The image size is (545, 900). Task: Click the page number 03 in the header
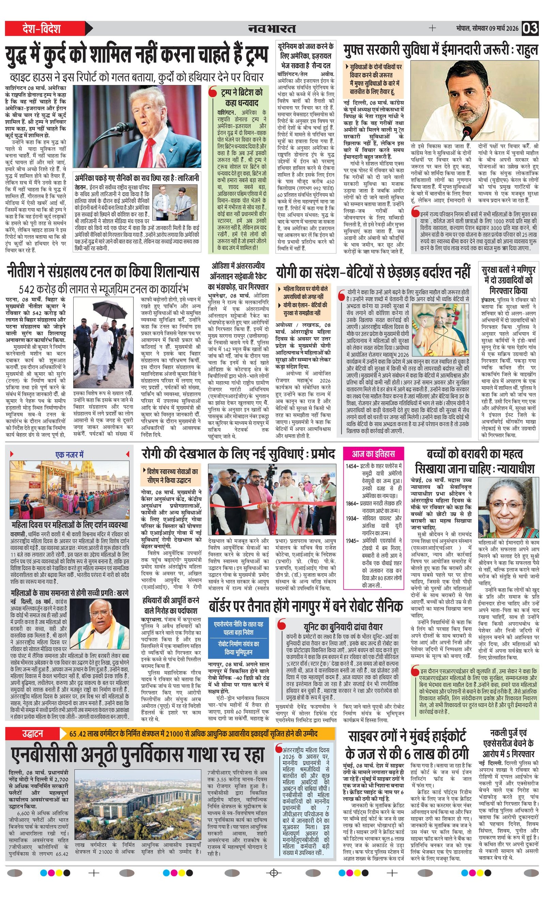(530, 28)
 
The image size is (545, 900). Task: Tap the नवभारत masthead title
(272, 29)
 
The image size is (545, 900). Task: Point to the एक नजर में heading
(69, 454)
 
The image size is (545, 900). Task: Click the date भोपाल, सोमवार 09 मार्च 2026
(487, 29)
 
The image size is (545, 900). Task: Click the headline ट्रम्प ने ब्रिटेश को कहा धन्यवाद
(242, 98)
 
